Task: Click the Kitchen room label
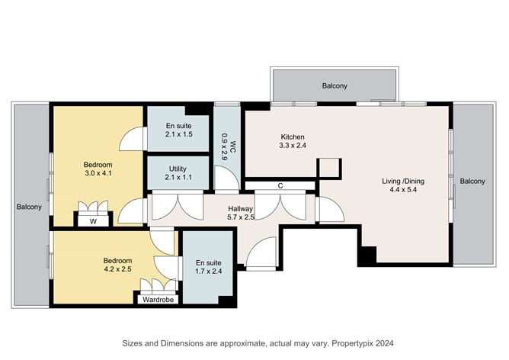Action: click(x=293, y=137)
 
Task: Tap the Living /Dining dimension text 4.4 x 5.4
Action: click(x=403, y=190)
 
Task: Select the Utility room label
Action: click(x=178, y=169)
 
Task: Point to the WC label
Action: click(x=232, y=145)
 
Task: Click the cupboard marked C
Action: click(x=280, y=186)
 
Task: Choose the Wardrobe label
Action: click(x=158, y=300)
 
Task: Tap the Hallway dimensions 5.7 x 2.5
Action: click(x=241, y=217)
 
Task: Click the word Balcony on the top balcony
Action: click(x=335, y=85)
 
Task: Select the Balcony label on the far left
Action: click(x=29, y=207)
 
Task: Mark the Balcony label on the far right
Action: click(x=472, y=181)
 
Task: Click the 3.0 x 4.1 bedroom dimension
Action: click(x=98, y=173)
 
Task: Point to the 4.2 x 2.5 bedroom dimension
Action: click(x=117, y=269)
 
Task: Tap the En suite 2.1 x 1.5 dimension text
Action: click(x=179, y=134)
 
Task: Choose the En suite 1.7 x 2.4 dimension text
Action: click(x=209, y=272)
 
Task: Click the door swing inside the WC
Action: click(x=226, y=178)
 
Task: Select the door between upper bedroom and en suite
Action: click(x=132, y=139)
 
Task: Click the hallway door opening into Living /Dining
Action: click(x=331, y=210)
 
